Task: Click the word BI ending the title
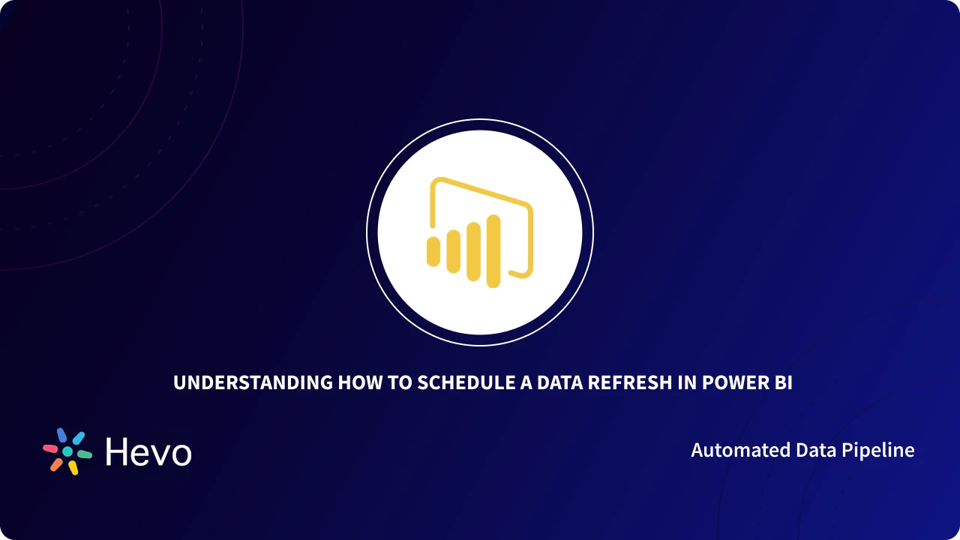coord(783,382)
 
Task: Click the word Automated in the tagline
coord(733,450)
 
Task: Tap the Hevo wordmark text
coord(148,452)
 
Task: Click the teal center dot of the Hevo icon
coord(67,451)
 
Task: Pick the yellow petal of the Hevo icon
coord(73,468)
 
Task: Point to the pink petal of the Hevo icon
coord(50,448)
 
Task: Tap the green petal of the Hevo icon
coord(85,454)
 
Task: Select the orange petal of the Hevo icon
coord(56,464)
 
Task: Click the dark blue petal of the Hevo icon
coord(62,435)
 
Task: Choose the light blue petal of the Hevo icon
coord(78,438)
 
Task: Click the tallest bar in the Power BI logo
coord(493,251)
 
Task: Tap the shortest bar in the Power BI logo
coord(433,251)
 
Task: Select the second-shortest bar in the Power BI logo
coord(453,251)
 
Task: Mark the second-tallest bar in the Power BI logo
coord(473,251)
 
